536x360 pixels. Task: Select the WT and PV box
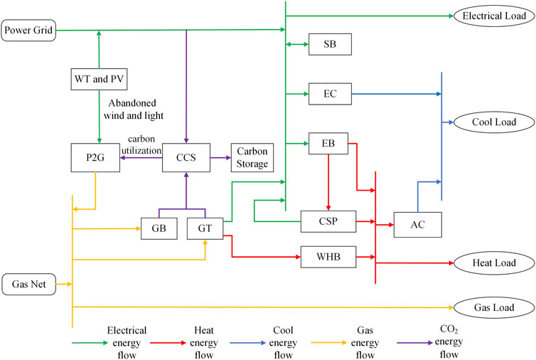(x=99, y=78)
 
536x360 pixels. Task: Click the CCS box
(x=186, y=156)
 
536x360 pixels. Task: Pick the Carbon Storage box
(x=252, y=156)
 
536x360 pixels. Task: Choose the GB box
(x=159, y=228)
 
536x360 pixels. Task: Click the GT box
(x=205, y=228)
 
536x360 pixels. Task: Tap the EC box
(x=329, y=92)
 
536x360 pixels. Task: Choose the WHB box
(x=328, y=256)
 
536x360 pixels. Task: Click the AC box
(x=417, y=224)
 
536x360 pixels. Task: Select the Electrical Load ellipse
(x=493, y=15)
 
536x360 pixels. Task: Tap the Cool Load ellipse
(x=493, y=122)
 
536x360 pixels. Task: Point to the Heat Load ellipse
(x=493, y=263)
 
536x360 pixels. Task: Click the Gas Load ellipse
(x=493, y=307)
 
